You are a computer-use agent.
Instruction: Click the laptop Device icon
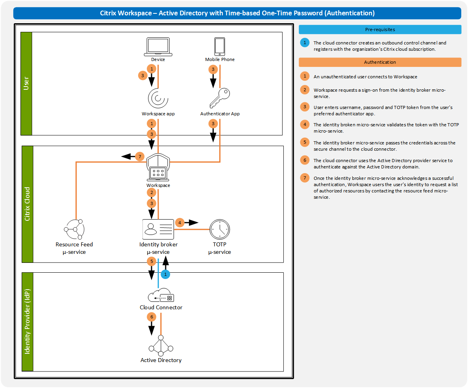158,47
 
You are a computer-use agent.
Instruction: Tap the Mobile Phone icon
220,46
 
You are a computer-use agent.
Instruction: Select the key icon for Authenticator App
219,98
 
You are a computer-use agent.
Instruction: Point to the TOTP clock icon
220,229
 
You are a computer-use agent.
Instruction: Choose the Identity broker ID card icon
158,229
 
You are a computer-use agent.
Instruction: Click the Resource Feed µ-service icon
74,229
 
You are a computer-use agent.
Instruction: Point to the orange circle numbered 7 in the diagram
139,156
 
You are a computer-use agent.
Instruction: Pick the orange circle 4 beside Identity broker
179,223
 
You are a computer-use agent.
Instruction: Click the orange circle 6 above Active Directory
152,316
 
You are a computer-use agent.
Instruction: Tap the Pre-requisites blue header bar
380,30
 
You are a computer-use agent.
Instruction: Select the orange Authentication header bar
380,62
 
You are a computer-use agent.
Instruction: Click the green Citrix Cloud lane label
27,204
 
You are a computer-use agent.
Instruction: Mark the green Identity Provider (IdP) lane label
27,321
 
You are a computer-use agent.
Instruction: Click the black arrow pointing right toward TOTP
192,223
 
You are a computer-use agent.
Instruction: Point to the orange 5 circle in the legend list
304,142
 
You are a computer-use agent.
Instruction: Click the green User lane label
26,83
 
